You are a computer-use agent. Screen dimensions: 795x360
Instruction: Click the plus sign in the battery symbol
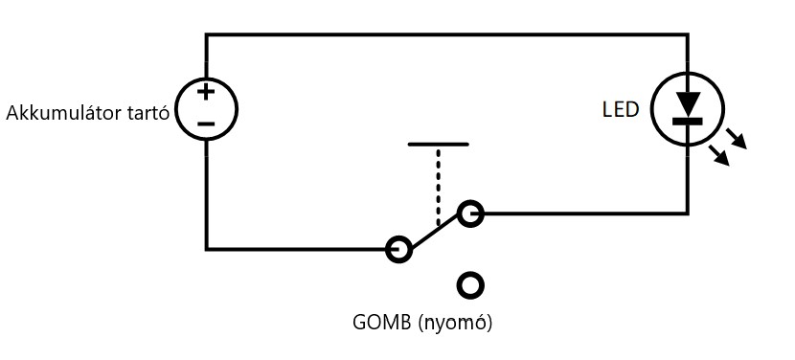(x=206, y=92)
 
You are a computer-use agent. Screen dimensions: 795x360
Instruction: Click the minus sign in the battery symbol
(x=206, y=124)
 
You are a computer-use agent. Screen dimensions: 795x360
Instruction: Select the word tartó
(x=146, y=113)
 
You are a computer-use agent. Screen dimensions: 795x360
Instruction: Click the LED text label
(x=621, y=110)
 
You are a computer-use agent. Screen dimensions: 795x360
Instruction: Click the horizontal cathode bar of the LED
(x=688, y=122)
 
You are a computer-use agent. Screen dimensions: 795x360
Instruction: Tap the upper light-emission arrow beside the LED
(x=737, y=139)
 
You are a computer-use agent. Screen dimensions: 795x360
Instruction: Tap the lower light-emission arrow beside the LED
(x=719, y=156)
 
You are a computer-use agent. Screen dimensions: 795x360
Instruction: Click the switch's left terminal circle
(x=399, y=250)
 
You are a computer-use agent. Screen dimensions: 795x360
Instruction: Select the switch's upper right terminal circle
(x=470, y=214)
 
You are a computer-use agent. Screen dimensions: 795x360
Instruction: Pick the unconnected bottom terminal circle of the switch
(x=470, y=285)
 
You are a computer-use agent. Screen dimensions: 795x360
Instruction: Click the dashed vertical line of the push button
(x=438, y=186)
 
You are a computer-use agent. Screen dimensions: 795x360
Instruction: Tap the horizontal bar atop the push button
(x=438, y=145)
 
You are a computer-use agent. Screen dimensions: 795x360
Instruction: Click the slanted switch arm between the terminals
(x=435, y=232)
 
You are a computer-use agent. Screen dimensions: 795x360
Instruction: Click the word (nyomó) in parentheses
(x=455, y=324)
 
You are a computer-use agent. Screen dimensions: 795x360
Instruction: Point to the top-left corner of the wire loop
(x=206, y=34)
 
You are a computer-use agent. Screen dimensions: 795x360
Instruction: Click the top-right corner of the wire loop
(x=688, y=34)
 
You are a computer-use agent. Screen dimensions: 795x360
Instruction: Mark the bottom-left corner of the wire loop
(x=206, y=249)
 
